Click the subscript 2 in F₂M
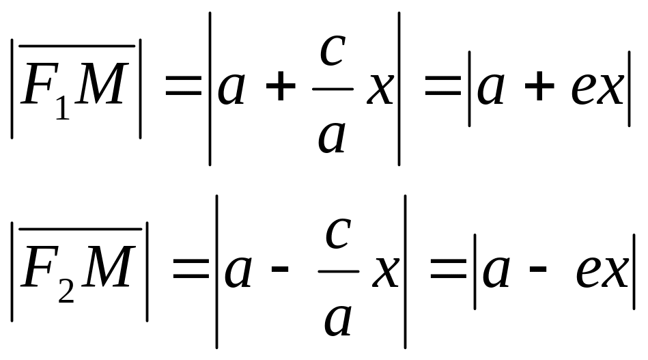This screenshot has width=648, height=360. pyautogui.click(x=66, y=291)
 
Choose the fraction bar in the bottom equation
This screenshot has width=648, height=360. pyautogui.click(x=338, y=271)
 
